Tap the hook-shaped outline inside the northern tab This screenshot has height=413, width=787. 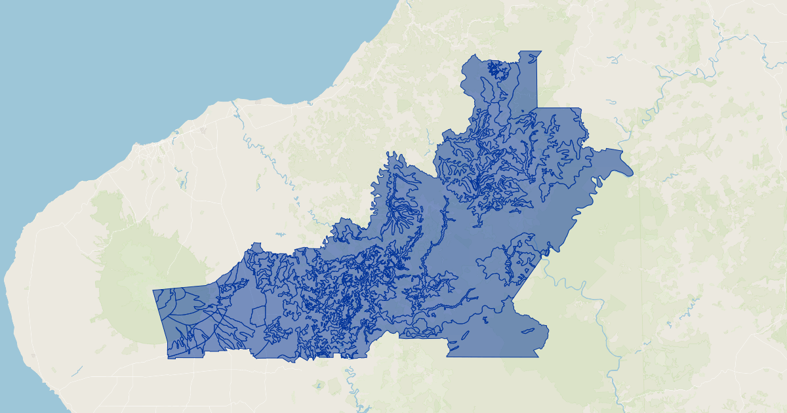point(487,89)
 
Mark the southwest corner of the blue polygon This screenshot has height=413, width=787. point(168,357)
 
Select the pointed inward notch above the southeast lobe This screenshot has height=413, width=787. point(506,299)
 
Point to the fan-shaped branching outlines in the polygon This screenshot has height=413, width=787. point(400,216)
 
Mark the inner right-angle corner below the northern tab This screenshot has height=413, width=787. point(537,108)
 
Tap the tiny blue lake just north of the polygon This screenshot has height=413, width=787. point(281,234)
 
